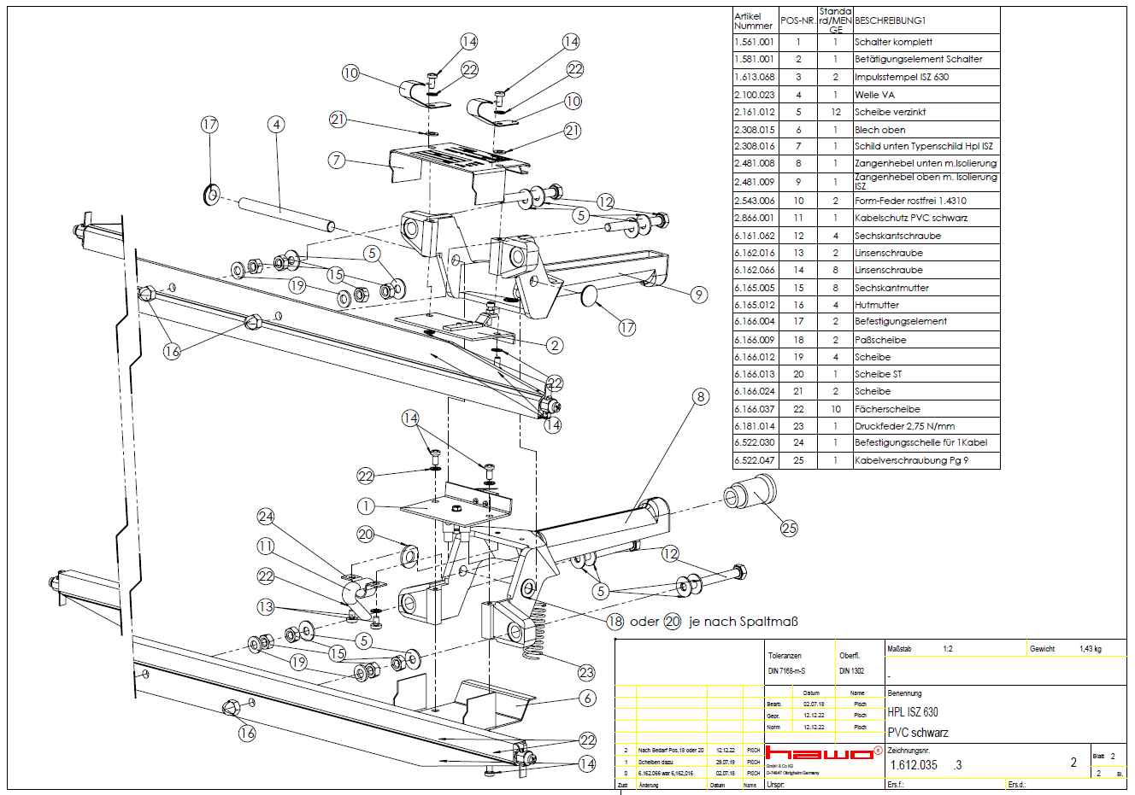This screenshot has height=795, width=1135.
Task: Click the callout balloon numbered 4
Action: pos(276,125)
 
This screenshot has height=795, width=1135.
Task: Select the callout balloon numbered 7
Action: pos(337,160)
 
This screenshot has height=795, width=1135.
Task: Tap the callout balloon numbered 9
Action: pos(699,295)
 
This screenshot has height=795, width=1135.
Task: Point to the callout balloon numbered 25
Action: pos(789,528)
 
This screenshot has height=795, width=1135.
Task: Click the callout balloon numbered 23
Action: pos(586,672)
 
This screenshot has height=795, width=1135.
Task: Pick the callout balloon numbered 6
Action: pos(587,698)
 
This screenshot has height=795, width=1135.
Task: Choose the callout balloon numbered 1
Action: pos(366,506)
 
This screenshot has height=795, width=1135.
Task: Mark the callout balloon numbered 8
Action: pos(701,396)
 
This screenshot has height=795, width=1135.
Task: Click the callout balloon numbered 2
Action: pos(555,345)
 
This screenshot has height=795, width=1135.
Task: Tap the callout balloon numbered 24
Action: pos(266,517)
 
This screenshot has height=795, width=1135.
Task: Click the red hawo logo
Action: pos(819,753)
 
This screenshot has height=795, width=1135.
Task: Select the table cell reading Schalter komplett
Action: pos(893,42)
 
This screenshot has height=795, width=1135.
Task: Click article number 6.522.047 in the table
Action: pos(754,460)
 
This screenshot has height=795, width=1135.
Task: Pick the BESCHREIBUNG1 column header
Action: pos(890,20)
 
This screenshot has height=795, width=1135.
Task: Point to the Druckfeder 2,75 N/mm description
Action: pos(904,426)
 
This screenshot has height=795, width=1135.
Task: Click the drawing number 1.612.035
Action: pos(914,765)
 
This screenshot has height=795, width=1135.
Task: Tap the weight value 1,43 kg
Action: pos(1090,649)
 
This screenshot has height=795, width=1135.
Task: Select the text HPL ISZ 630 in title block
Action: pos(912,712)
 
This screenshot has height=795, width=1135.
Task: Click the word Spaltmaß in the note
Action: pos(768,622)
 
